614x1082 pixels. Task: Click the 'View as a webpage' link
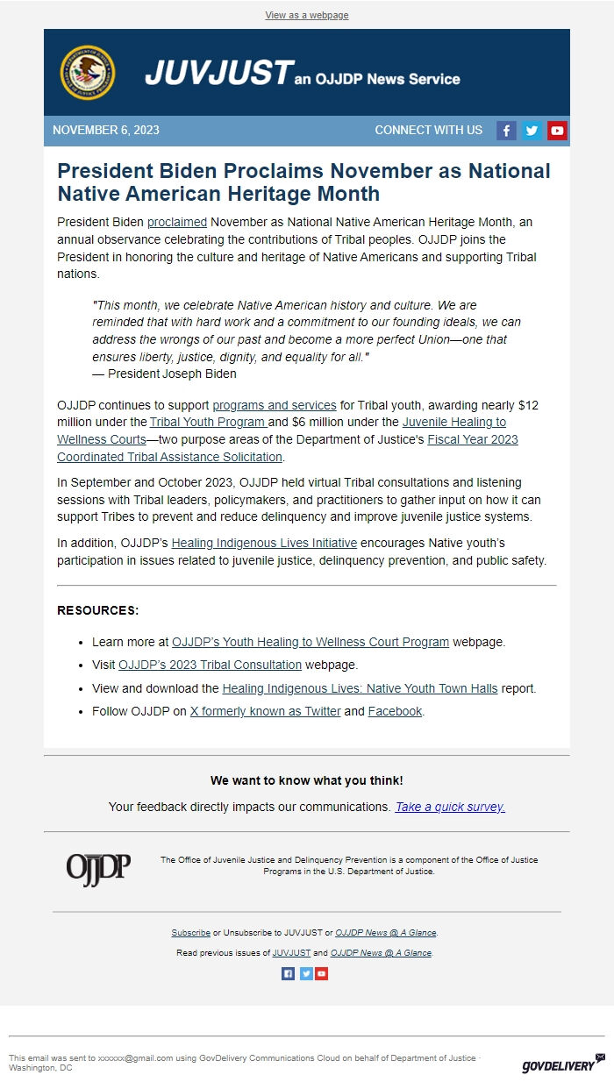coord(307,15)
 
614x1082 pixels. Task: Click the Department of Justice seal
coord(88,72)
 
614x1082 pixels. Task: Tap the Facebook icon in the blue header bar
coord(506,131)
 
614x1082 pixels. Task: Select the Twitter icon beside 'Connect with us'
coord(532,131)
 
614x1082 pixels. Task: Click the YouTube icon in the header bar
coord(557,131)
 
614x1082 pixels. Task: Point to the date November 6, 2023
coord(106,130)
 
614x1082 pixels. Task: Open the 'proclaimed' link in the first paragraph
coord(177,223)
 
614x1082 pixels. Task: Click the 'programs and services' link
coord(275,405)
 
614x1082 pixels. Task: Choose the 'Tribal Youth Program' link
coord(207,423)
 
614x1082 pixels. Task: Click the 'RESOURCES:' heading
coord(97,610)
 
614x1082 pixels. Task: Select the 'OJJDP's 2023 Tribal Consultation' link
coord(210,665)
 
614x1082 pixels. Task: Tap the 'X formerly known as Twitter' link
coord(265,711)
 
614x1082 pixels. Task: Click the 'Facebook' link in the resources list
coord(395,711)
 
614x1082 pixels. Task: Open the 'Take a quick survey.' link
coord(450,807)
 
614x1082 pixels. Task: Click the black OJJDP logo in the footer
coord(98,868)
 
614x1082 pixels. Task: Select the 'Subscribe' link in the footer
coord(190,933)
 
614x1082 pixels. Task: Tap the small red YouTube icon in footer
coord(322,973)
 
